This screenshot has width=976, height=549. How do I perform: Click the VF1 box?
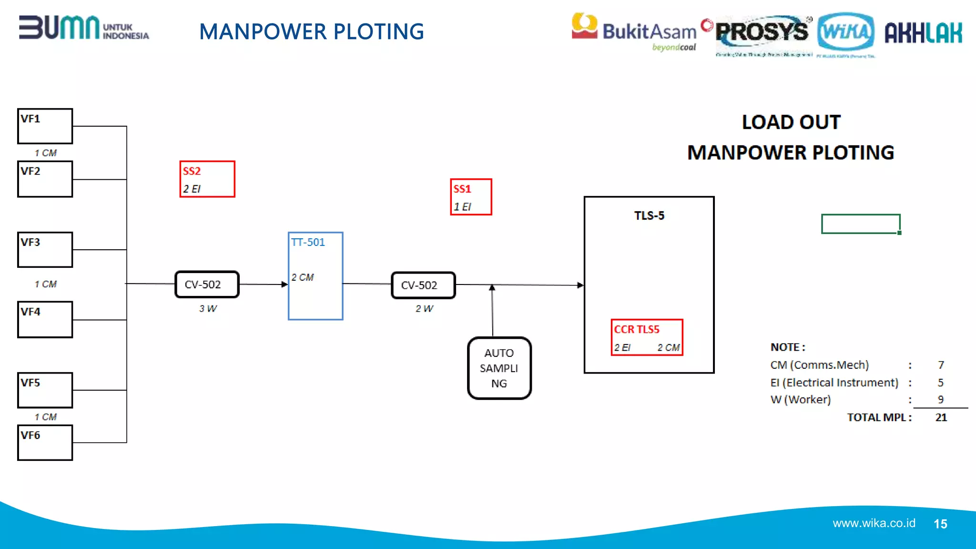click(45, 126)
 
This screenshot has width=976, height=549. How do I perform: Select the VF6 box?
click(45, 443)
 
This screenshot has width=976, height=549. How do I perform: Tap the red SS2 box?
click(207, 179)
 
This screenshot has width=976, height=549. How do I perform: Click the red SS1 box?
click(471, 197)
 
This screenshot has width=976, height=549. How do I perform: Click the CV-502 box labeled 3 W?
click(207, 285)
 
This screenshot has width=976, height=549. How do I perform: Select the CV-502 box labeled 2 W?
click(423, 285)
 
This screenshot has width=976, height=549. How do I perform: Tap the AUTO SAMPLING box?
click(499, 368)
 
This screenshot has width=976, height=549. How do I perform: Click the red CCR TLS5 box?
click(647, 337)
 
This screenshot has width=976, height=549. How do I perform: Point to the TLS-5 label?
click(649, 216)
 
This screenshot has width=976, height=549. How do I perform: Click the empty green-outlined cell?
click(861, 224)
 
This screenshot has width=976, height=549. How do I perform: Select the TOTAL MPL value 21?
click(941, 417)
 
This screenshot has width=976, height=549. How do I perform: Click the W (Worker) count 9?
click(940, 399)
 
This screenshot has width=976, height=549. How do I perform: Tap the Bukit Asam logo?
click(634, 31)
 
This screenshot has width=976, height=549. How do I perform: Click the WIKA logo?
click(845, 32)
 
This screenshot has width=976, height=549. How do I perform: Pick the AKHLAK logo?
click(923, 33)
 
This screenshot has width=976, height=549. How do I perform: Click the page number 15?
click(940, 524)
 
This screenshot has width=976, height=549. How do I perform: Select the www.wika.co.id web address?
click(874, 523)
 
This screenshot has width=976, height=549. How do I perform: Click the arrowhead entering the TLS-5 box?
click(580, 285)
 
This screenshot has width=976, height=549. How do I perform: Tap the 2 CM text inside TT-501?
click(303, 277)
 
